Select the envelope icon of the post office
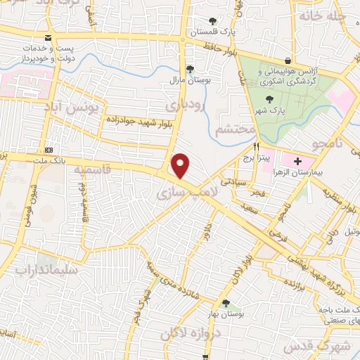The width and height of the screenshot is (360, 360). point(47,38)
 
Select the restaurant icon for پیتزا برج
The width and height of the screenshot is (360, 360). point(256,148)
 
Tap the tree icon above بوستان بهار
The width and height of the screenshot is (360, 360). point(225,303)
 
